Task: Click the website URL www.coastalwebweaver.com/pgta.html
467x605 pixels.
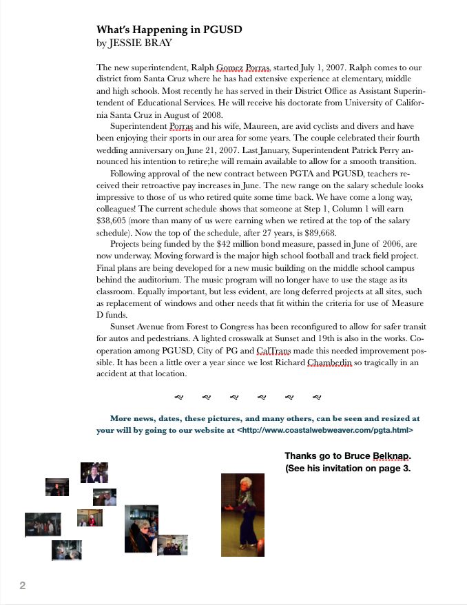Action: [326, 430]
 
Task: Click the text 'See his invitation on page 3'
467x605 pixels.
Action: [348, 469]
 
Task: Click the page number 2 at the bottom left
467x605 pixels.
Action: [23, 586]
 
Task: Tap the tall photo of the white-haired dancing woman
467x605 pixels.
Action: [242, 514]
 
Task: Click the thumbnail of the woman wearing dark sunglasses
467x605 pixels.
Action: [141, 529]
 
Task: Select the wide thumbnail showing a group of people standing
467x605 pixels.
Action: [42, 524]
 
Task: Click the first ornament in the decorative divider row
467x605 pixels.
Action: [179, 397]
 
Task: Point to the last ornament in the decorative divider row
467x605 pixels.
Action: [317, 397]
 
